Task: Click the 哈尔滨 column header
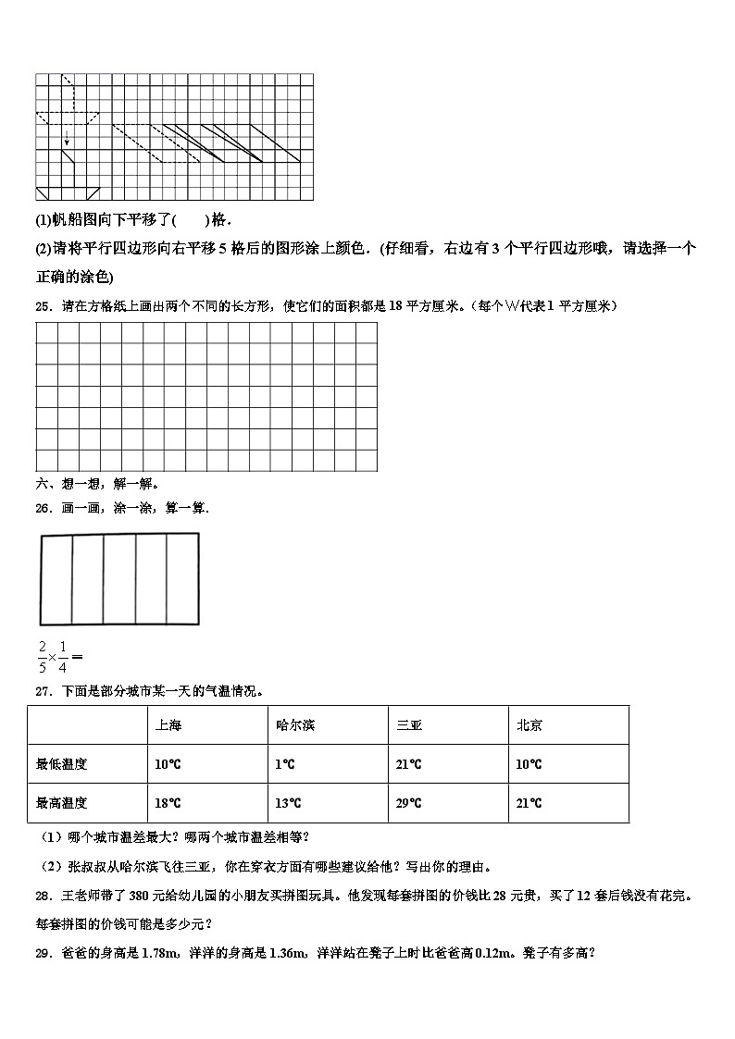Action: (294, 725)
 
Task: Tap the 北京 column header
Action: (529, 725)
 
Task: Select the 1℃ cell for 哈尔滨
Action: (284, 764)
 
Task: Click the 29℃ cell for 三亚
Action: (408, 803)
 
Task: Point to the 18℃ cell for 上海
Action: (168, 803)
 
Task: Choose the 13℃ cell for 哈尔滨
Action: (288, 803)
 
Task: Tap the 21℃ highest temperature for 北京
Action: (529, 803)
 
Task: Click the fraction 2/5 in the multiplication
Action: (42, 656)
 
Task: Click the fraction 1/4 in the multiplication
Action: (62, 656)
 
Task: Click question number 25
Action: (43, 306)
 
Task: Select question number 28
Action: (43, 896)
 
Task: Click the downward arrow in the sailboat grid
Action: (66, 139)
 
